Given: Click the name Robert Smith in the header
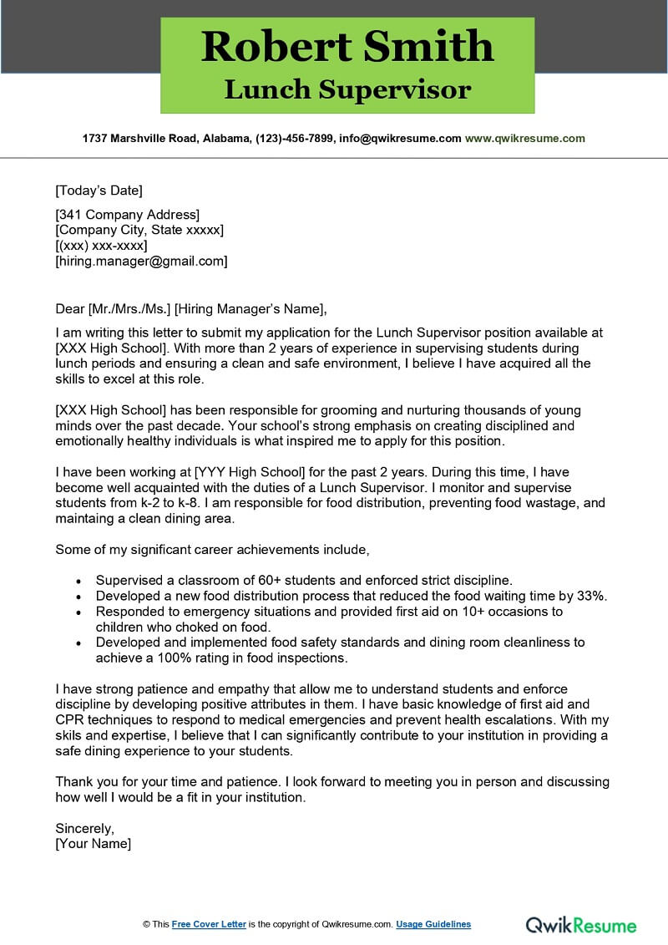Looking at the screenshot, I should pyautogui.click(x=347, y=47).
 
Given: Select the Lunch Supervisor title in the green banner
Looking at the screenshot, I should pyautogui.click(x=347, y=89).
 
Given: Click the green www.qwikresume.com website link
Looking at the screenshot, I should pyautogui.click(x=524, y=139).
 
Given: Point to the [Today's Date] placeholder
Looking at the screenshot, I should pyautogui.click(x=99, y=190).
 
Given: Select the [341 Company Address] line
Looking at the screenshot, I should pyautogui.click(x=127, y=215).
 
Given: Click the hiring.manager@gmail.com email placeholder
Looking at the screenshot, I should pyautogui.click(x=141, y=261).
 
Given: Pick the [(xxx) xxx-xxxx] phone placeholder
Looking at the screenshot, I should pyautogui.click(x=101, y=246).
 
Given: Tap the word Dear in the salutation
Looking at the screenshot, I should pyautogui.click(x=69, y=307).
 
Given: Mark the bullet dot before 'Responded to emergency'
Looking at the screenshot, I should pyautogui.click(x=78, y=612).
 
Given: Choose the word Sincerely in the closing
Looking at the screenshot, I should pyautogui.click(x=84, y=828).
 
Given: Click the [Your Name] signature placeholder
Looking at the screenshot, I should pyautogui.click(x=93, y=844).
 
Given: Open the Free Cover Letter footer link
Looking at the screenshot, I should pyautogui.click(x=209, y=924).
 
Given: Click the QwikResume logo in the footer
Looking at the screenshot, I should pyautogui.click(x=580, y=924).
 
